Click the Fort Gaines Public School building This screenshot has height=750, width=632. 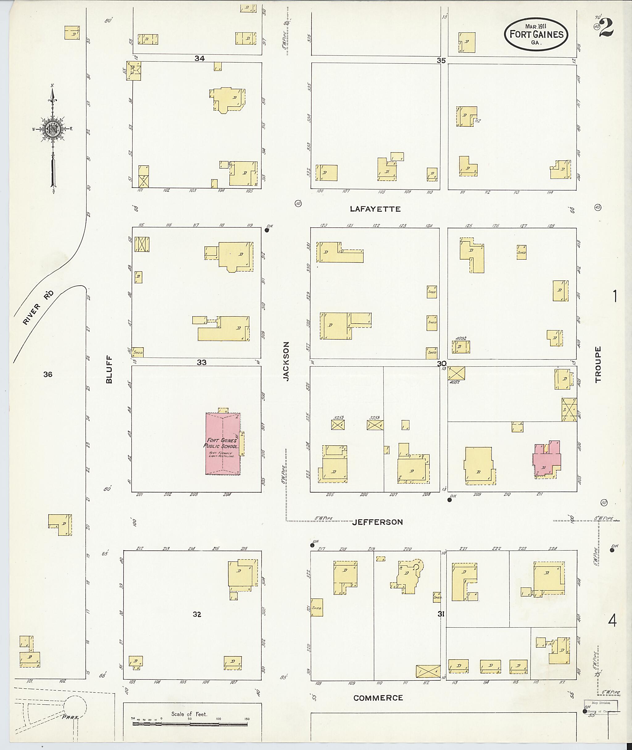(x=223, y=444)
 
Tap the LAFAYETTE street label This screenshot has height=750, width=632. (x=375, y=209)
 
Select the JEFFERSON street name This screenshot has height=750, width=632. (x=377, y=522)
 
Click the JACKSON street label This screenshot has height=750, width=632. (x=285, y=361)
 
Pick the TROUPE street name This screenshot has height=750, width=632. (x=598, y=364)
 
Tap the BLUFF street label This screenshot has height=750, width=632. (x=109, y=369)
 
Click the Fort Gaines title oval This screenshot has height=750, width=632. (x=536, y=34)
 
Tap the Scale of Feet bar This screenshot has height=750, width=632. (x=190, y=724)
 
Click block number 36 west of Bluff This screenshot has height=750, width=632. (x=48, y=375)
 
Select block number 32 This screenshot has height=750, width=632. (x=197, y=614)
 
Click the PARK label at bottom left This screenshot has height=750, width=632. (x=70, y=717)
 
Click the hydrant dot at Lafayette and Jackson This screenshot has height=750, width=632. (x=267, y=230)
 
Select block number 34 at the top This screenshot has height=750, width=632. (x=199, y=58)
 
